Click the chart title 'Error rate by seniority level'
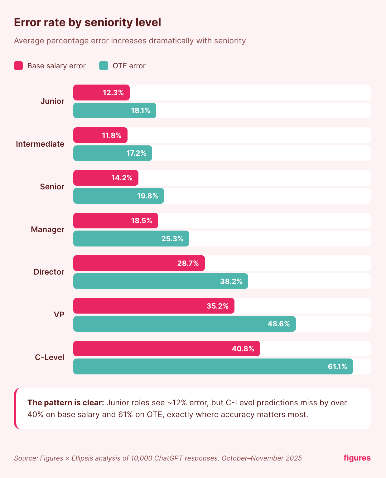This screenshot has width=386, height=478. (x=87, y=23)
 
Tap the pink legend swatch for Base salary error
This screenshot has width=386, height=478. (x=18, y=66)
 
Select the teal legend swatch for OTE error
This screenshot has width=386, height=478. (x=104, y=66)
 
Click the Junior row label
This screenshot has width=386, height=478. (x=52, y=101)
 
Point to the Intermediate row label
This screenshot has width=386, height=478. (x=40, y=144)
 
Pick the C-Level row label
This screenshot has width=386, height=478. (x=50, y=358)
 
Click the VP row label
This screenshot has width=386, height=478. (x=59, y=315)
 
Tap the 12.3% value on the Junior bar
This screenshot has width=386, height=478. (x=113, y=93)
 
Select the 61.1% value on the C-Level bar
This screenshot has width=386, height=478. (x=337, y=367)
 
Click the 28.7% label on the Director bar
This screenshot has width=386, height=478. (x=188, y=263)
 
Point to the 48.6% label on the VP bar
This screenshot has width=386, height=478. (x=279, y=324)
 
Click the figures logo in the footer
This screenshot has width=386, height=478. (x=357, y=458)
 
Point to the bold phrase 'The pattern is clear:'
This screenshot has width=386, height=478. (x=65, y=403)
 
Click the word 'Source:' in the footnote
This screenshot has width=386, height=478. (x=26, y=458)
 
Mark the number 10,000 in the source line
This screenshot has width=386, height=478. (x=142, y=458)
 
